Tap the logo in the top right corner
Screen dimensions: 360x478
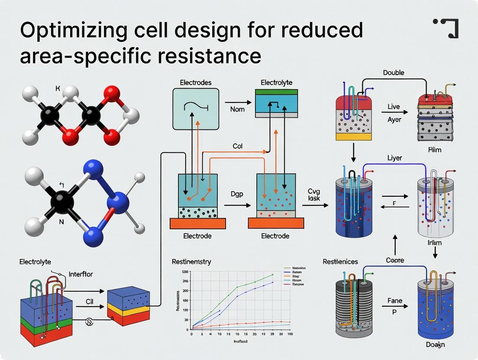(446, 28)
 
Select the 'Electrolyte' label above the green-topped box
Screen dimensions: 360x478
(277, 82)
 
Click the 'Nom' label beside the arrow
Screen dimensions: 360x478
(237, 109)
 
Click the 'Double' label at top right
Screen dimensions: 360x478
(394, 73)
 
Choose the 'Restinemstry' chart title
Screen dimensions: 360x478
(191, 262)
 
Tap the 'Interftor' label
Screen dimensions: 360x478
(81, 274)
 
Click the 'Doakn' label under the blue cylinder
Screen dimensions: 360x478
(435, 345)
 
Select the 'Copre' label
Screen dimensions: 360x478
(394, 260)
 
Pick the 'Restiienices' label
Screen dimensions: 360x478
(340, 262)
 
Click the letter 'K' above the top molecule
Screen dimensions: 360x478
(58, 89)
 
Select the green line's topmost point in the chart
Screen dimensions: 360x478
(272, 274)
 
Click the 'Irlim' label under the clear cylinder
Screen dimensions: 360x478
(434, 242)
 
